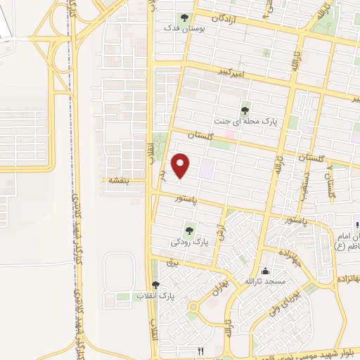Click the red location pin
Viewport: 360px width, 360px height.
(181, 165)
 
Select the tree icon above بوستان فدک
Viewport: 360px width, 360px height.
(184, 18)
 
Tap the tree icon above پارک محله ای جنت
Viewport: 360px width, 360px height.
(245, 110)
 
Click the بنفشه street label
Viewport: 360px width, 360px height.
(116, 181)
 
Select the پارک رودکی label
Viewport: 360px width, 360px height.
(190, 242)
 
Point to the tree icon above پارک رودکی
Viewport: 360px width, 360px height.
(188, 230)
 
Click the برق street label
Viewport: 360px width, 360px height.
(174, 262)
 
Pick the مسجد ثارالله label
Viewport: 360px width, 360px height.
(264, 282)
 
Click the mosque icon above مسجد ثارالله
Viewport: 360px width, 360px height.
(265, 271)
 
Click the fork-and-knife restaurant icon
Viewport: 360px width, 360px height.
(201, 350)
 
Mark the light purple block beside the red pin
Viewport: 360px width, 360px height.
(207, 168)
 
